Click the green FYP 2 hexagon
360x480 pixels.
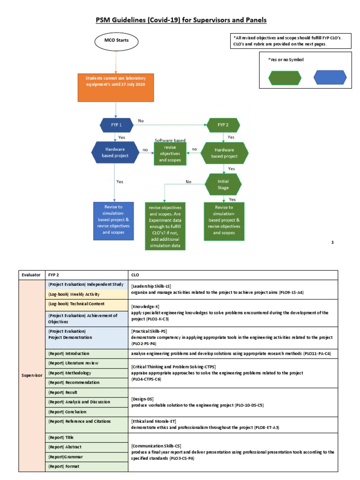[223, 125]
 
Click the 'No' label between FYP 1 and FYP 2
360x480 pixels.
[141, 121]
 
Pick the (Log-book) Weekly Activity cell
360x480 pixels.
[70, 294]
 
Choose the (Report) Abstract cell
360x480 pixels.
[65, 447]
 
